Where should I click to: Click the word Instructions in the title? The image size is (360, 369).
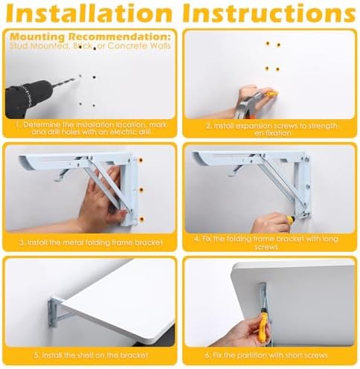[x=269, y=13]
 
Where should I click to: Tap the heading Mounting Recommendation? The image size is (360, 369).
[x=91, y=36]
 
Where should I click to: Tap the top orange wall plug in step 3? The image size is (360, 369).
[x=141, y=160]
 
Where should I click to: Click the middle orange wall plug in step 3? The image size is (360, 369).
[x=141, y=190]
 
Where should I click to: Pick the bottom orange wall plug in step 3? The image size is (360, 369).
[x=141, y=219]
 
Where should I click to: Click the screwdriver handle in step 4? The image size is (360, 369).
[x=291, y=219]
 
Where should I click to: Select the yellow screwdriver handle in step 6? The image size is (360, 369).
[x=263, y=326]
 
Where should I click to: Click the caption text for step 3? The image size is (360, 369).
[x=91, y=243]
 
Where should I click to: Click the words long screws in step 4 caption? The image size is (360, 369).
[x=298, y=243]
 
